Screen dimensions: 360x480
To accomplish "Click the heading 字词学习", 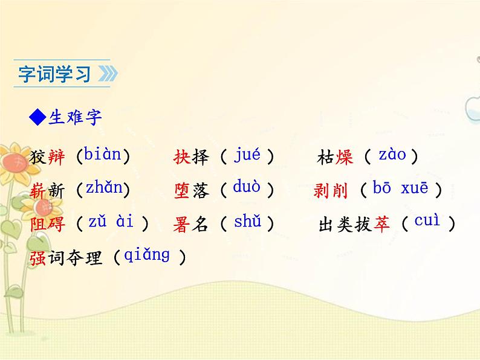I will click(54, 74).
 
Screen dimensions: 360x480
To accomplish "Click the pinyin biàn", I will click(103, 155).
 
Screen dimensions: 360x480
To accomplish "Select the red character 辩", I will click(56, 159).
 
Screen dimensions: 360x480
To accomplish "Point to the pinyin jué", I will click(247, 155).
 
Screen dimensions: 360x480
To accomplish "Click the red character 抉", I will click(182, 158).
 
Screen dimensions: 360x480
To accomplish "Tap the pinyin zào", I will click(392, 155).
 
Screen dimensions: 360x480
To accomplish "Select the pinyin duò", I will click(247, 188).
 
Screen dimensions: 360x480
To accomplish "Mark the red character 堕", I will click(182, 191).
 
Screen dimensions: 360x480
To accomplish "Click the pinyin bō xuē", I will click(400, 188).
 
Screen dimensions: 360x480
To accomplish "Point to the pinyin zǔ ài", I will click(111, 221).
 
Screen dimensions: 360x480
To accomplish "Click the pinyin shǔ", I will click(247, 221).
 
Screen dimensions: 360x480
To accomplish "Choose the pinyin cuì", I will click(427, 221).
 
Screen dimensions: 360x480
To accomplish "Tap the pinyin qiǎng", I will click(147, 254).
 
